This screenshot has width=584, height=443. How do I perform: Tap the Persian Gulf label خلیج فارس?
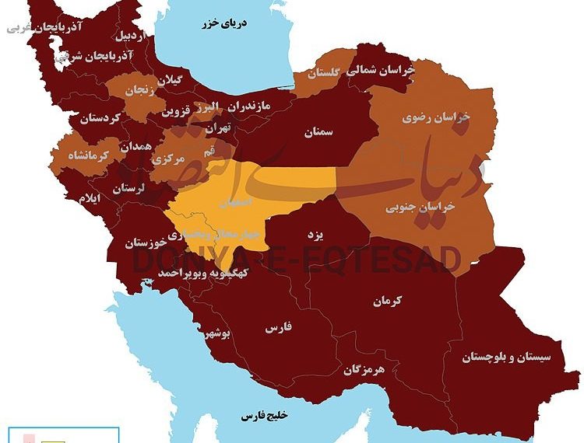coord(264,415)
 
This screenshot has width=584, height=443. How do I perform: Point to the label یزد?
coord(326,233)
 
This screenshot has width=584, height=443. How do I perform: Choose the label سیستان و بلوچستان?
coord(506,357)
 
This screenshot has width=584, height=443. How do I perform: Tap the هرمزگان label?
coord(364,370)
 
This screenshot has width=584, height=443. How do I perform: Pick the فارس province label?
coord(277,328)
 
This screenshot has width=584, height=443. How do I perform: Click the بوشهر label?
coord(216,333)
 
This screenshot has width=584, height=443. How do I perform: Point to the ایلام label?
coord(89,199)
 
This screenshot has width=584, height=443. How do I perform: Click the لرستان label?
coord(129,188)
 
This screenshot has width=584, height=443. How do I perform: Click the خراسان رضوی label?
coord(436,117)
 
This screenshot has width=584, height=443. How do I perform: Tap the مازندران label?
coord(252,104)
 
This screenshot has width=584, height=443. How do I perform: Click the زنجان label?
coord(141,89)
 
